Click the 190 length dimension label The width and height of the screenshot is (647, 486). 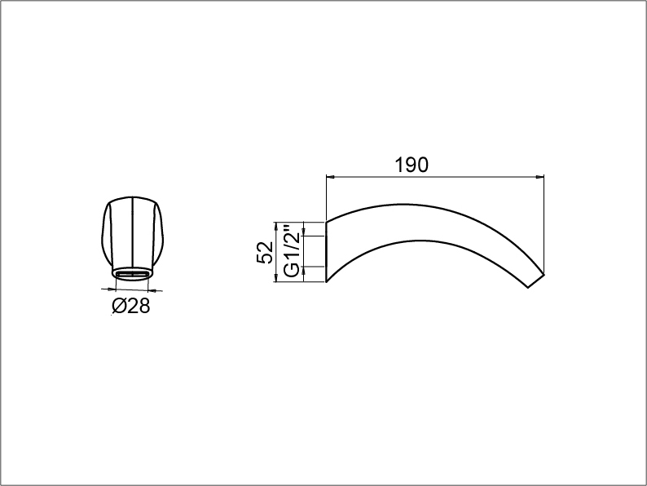pos(412,165)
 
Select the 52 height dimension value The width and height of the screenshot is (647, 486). pos(265,252)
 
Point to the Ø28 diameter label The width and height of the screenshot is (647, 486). pos(131,306)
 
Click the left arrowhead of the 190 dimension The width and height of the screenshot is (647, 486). pos(330,177)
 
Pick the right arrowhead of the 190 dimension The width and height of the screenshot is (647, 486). pos(539,177)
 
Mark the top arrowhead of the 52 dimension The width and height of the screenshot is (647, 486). pos(275,226)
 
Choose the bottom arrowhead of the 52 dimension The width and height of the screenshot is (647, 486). pos(275,278)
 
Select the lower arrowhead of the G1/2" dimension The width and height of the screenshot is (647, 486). pos(304,271)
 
